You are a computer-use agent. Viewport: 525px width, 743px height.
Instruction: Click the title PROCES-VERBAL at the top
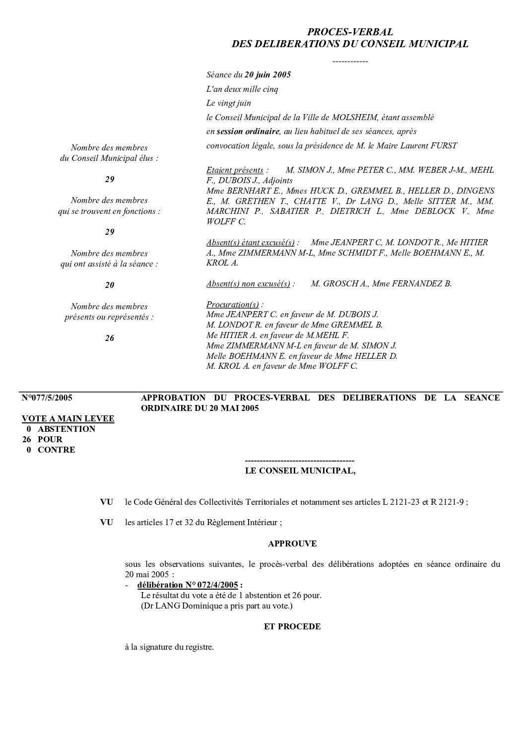(350, 32)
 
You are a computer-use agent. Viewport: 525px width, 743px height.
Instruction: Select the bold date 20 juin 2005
(267, 75)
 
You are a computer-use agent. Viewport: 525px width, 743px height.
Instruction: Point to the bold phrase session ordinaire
(248, 132)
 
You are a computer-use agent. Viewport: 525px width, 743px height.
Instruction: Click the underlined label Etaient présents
(235, 170)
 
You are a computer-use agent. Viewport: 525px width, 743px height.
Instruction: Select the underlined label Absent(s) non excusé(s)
(248, 284)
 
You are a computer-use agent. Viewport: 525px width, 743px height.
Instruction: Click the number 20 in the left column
(109, 285)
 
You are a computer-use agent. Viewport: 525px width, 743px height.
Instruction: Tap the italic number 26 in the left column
(109, 338)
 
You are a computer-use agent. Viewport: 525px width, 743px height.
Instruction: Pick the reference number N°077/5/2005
(47, 398)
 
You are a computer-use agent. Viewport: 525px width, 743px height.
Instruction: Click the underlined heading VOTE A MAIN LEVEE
(68, 418)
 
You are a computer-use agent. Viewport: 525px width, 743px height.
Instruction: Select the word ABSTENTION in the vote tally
(66, 429)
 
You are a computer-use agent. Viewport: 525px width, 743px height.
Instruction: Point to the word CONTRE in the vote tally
(57, 450)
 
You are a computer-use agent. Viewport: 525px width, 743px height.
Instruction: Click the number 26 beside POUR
(28, 439)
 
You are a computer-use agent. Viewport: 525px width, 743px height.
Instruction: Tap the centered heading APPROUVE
(292, 543)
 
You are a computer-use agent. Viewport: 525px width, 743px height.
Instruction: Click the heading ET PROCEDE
(292, 626)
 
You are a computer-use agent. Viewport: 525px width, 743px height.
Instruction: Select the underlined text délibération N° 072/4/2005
(188, 585)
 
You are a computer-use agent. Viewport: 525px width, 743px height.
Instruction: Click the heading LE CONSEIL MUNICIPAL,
(300, 471)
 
